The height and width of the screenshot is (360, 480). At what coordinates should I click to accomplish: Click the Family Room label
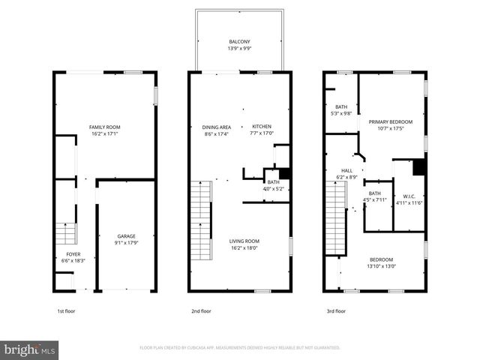(x=105, y=127)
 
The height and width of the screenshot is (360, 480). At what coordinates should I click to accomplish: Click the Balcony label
(x=239, y=41)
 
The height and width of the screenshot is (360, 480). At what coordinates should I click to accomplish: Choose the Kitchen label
(x=262, y=126)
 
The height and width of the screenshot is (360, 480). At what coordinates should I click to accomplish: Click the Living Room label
(x=243, y=241)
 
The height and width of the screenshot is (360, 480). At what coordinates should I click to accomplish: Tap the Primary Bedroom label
(x=391, y=121)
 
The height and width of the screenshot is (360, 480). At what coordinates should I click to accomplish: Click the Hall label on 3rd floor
(x=346, y=170)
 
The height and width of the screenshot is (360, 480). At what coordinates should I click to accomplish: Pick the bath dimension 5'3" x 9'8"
(x=341, y=113)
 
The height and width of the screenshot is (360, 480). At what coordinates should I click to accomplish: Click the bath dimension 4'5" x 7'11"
(x=374, y=199)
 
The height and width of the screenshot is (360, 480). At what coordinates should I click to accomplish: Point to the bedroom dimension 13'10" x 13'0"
(x=382, y=266)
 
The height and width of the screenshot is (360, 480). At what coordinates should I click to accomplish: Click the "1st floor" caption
(x=66, y=310)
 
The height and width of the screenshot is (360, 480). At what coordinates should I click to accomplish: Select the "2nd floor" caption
(x=201, y=310)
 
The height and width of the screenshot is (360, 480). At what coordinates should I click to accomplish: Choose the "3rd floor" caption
(x=335, y=310)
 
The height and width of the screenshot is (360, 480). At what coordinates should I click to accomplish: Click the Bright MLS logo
(x=30, y=349)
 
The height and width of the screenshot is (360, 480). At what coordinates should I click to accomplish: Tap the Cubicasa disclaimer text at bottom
(x=239, y=348)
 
